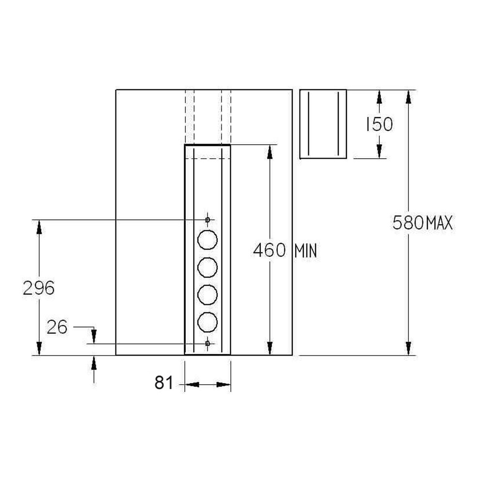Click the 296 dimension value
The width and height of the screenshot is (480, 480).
[39, 288]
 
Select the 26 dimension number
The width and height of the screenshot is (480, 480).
[57, 328]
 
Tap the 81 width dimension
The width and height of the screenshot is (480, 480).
[164, 383]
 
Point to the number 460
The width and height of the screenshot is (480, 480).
[270, 251]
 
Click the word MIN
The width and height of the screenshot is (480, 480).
[305, 251]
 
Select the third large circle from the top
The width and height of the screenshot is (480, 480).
[208, 294]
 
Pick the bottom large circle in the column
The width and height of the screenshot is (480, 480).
[208, 321]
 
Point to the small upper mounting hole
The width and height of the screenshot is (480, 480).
[208, 220]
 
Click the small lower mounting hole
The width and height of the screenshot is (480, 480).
[208, 343]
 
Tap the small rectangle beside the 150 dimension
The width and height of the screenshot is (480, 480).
[323, 124]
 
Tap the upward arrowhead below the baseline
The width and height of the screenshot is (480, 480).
[94, 362]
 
